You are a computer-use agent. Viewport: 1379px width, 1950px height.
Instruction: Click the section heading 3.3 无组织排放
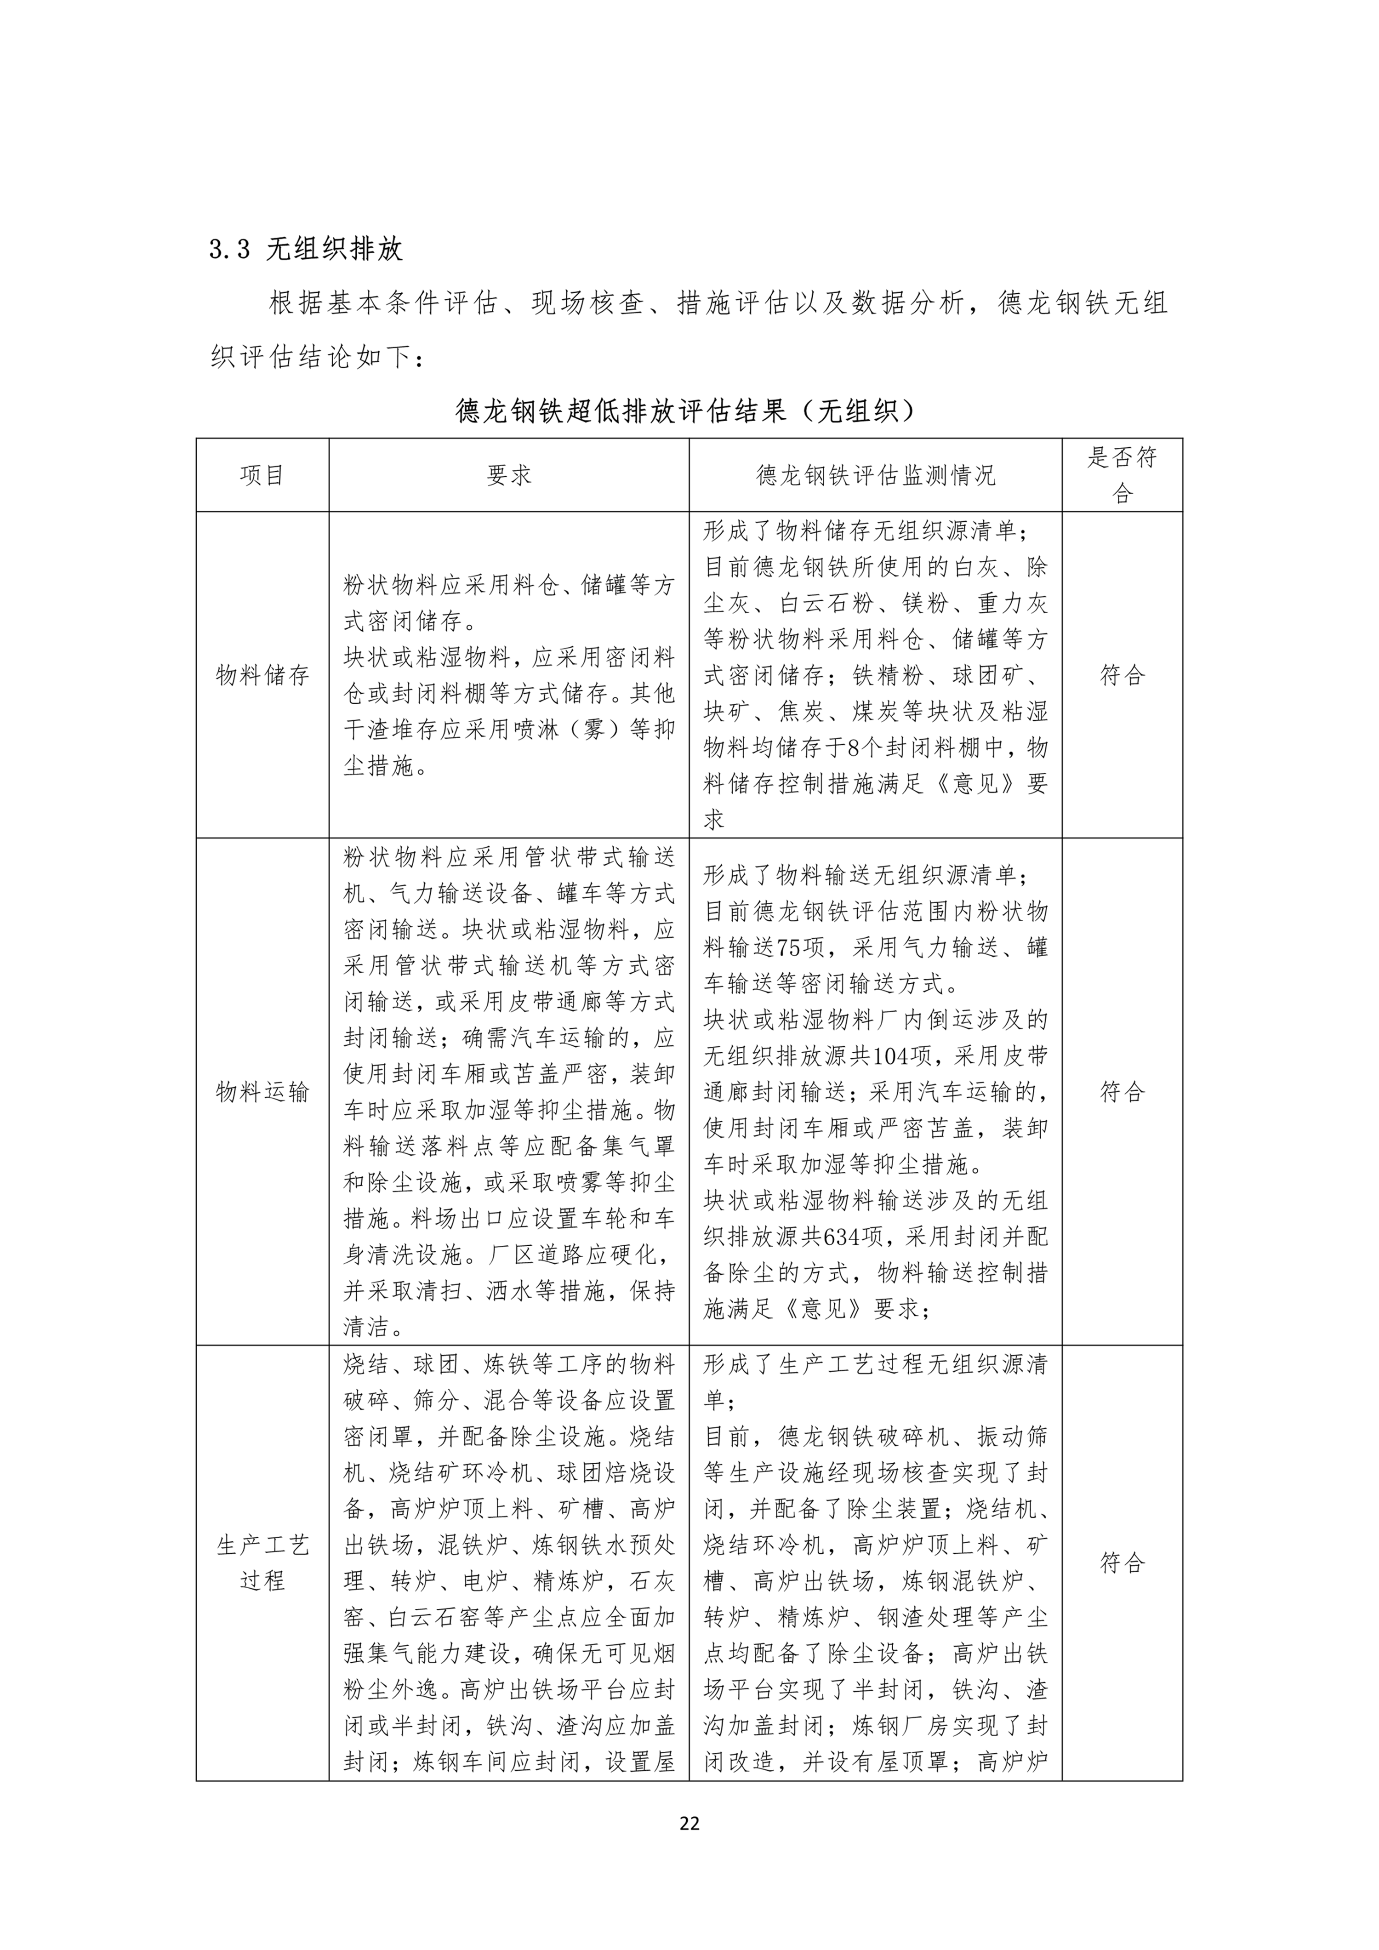point(306,249)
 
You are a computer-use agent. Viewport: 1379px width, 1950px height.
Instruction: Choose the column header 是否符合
point(1122,475)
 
